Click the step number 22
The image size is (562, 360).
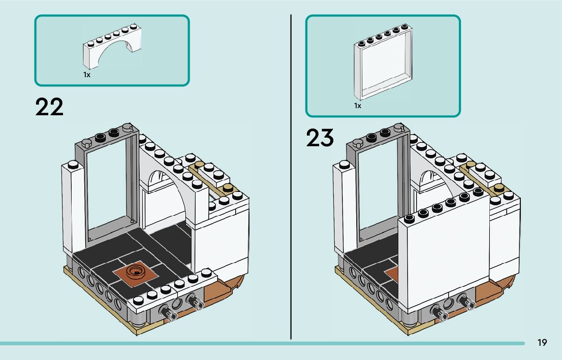click(x=49, y=107)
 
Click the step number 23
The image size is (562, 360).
click(x=320, y=138)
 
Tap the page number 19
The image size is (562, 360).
click(x=542, y=343)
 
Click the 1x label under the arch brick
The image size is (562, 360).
click(x=87, y=75)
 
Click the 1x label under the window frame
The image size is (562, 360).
click(x=358, y=106)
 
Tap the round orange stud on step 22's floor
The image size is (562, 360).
click(x=137, y=272)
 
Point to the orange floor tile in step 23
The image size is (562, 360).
click(x=392, y=275)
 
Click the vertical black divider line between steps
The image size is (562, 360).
click(x=291, y=178)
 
